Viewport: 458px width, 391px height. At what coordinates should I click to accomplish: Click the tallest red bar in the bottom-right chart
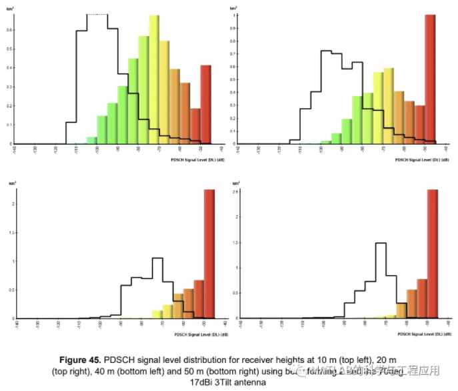[432, 254]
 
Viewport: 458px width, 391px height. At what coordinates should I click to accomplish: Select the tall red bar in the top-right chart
[430, 80]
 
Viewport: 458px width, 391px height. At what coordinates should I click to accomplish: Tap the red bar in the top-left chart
[206, 104]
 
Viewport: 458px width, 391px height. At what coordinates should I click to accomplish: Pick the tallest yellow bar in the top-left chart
[154, 79]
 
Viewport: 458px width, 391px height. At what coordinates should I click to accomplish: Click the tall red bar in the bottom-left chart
[209, 254]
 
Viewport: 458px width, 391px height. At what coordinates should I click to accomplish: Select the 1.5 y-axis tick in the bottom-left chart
[9, 232]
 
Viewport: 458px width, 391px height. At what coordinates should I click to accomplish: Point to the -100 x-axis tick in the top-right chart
[321, 149]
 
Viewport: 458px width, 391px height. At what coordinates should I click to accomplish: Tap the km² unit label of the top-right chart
[235, 9]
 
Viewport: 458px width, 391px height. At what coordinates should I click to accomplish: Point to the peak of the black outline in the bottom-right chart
[381, 244]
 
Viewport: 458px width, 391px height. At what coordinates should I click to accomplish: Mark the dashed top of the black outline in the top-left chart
[97, 15]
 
